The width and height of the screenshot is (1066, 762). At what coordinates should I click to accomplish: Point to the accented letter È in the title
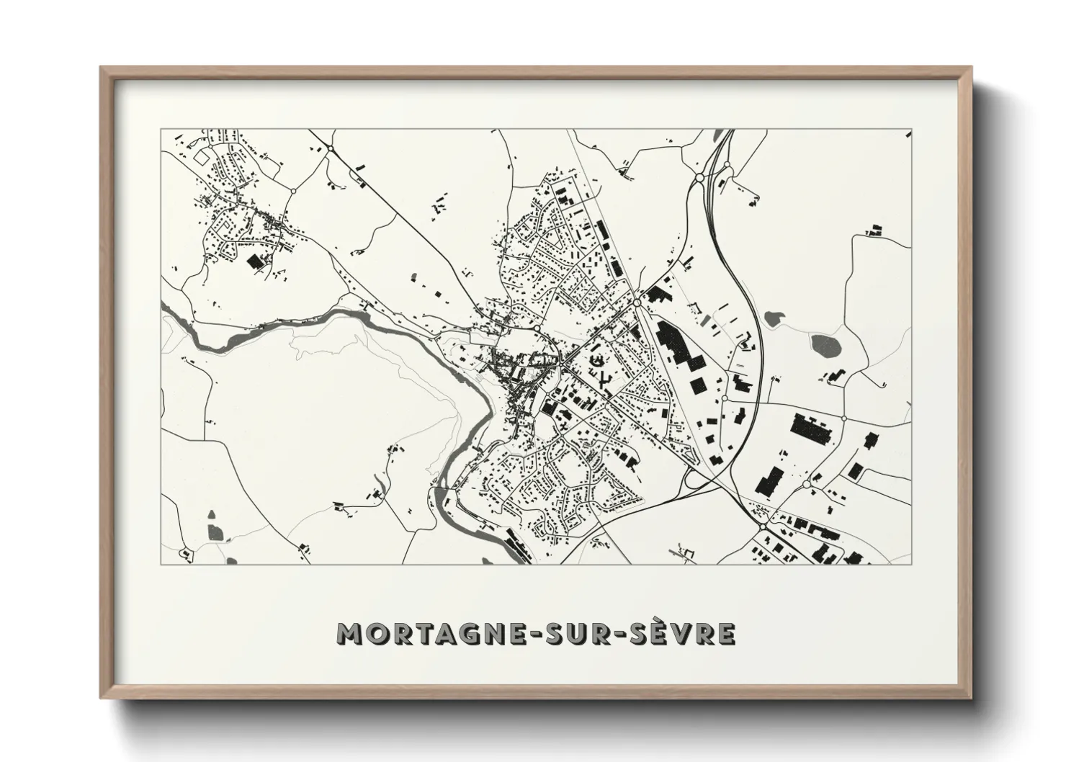658,632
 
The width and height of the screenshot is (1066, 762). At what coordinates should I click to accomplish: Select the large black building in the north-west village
255,261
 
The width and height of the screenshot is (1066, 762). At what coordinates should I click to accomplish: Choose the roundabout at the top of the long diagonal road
331,148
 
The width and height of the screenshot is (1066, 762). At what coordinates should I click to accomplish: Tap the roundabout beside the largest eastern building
843,418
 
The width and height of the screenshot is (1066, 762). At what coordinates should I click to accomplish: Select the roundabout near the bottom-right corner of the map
762,528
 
